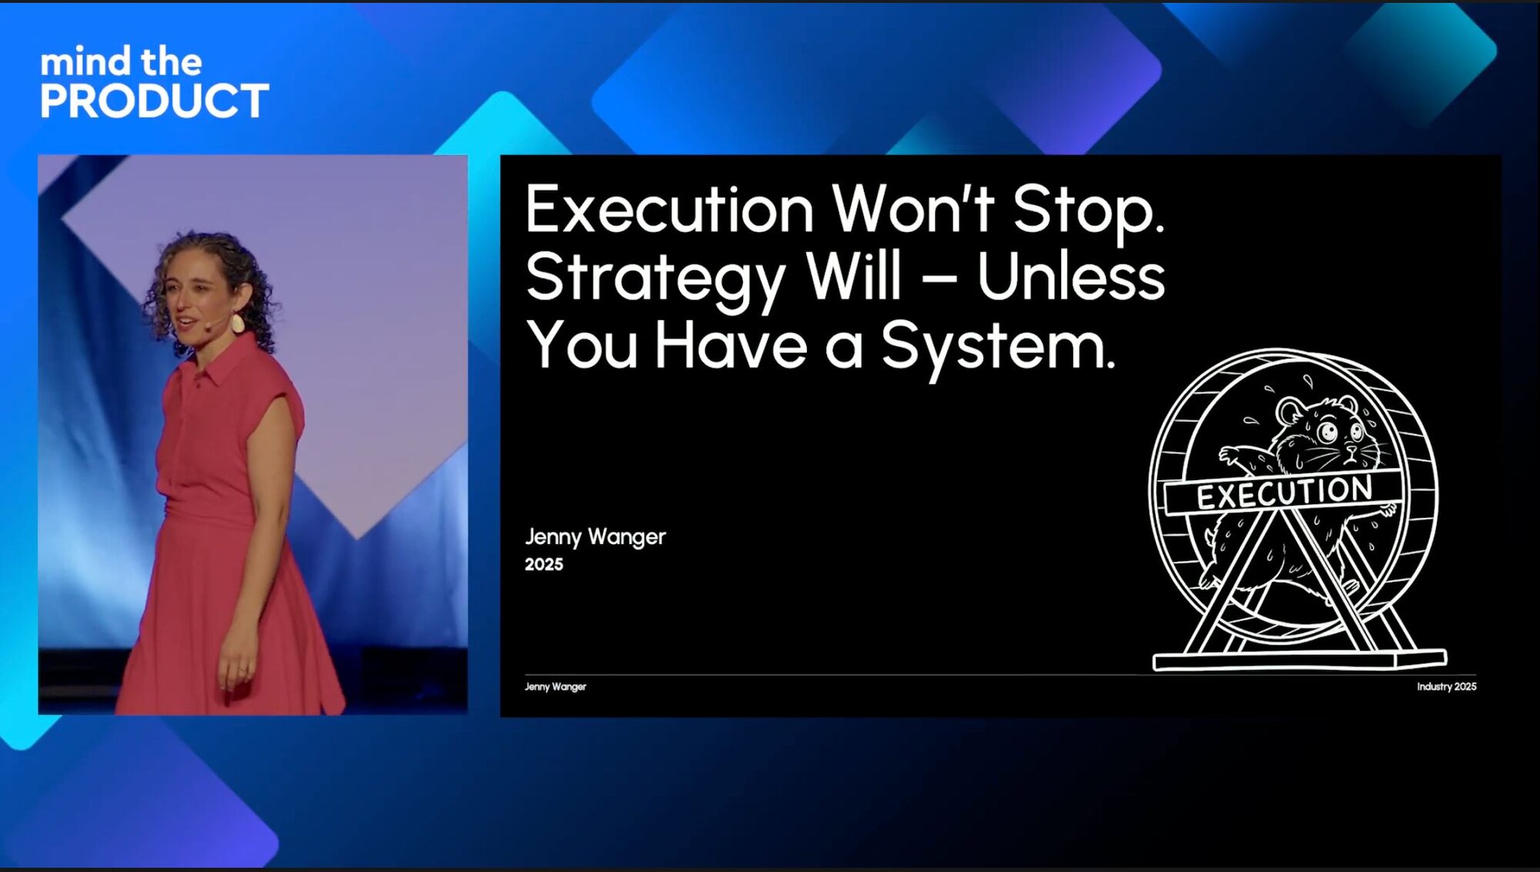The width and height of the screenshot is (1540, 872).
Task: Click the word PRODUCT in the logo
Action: pos(155,101)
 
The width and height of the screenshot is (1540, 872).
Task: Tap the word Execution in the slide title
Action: pos(669,209)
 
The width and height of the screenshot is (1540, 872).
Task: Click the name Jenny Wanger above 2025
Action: pos(595,537)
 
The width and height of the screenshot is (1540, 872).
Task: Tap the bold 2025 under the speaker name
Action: pos(544,564)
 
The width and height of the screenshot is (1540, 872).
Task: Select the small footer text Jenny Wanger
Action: pos(555,687)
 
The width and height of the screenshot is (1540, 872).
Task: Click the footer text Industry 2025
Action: pos(1447,687)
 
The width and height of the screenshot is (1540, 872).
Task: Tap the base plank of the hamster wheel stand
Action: pos(1299,660)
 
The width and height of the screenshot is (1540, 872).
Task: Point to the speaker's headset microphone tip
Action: pos(207,327)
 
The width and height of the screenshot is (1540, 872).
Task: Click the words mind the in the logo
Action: pos(121,61)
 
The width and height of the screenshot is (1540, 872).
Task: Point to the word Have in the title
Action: pos(731,346)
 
